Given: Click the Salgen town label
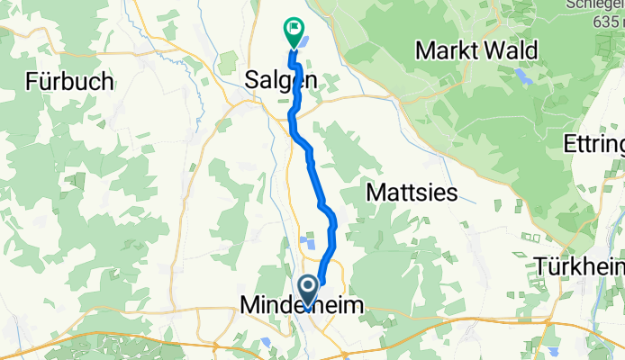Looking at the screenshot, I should [x=280, y=80].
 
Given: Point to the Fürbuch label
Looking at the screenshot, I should [x=69, y=81].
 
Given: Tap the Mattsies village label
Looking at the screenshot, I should [x=413, y=192].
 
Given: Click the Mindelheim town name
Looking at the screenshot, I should [x=303, y=308].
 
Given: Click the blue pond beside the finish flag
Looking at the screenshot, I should [x=305, y=40].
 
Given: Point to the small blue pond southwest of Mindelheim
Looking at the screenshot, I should [x=267, y=342].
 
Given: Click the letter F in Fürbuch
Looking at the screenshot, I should [x=32, y=81].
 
